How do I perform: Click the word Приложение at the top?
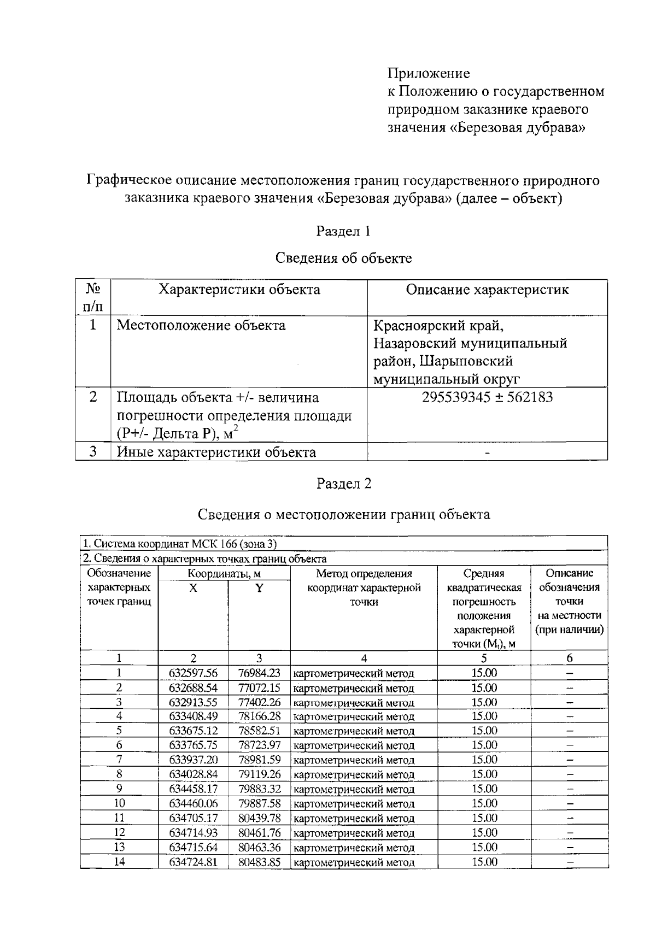pyautogui.click(x=429, y=73)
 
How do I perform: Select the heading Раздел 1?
pyautogui.click(x=343, y=231)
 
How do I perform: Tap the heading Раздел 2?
pyautogui.click(x=343, y=484)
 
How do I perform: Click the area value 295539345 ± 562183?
pyautogui.click(x=487, y=397)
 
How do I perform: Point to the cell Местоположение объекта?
pyautogui.click(x=201, y=326)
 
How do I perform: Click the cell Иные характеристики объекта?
pyautogui.click(x=216, y=452)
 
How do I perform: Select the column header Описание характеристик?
pyautogui.click(x=487, y=290)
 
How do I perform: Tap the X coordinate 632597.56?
pyautogui.click(x=193, y=673)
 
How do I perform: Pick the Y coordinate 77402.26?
pyautogui.click(x=259, y=702)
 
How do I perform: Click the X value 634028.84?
pyautogui.click(x=193, y=774)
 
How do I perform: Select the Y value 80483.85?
pyautogui.click(x=259, y=862)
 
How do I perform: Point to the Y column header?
pyautogui.click(x=259, y=588)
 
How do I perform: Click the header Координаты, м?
pyautogui.click(x=224, y=574)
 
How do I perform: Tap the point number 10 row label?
pyautogui.click(x=119, y=803)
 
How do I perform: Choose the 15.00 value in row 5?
pyautogui.click(x=484, y=731)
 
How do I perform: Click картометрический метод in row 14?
pyautogui.click(x=354, y=863)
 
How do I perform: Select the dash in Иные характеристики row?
pyautogui.click(x=487, y=453)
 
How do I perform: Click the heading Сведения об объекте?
pyautogui.click(x=343, y=258)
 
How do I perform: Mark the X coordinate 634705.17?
pyautogui.click(x=193, y=818)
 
